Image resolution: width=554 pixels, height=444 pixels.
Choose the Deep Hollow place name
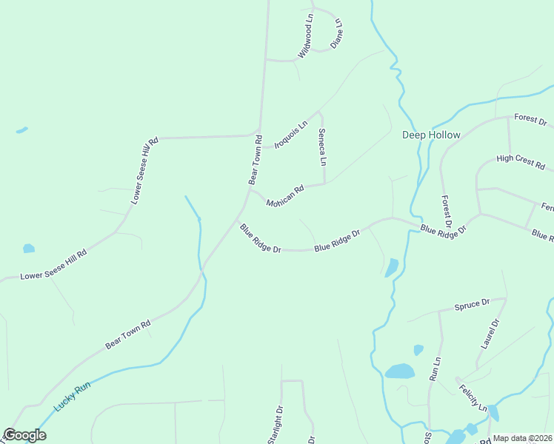431,135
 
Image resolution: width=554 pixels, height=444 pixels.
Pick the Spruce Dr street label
472,304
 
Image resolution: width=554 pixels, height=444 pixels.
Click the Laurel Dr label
490,334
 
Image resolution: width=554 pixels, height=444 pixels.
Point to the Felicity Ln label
473,398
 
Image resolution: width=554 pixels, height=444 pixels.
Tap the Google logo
24,435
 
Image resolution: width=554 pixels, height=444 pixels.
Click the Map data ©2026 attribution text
523,438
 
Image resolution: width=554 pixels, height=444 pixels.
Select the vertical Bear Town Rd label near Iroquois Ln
255,159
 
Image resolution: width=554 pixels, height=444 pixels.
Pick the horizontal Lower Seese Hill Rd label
53,264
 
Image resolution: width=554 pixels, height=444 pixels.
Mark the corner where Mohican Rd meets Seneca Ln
324,184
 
